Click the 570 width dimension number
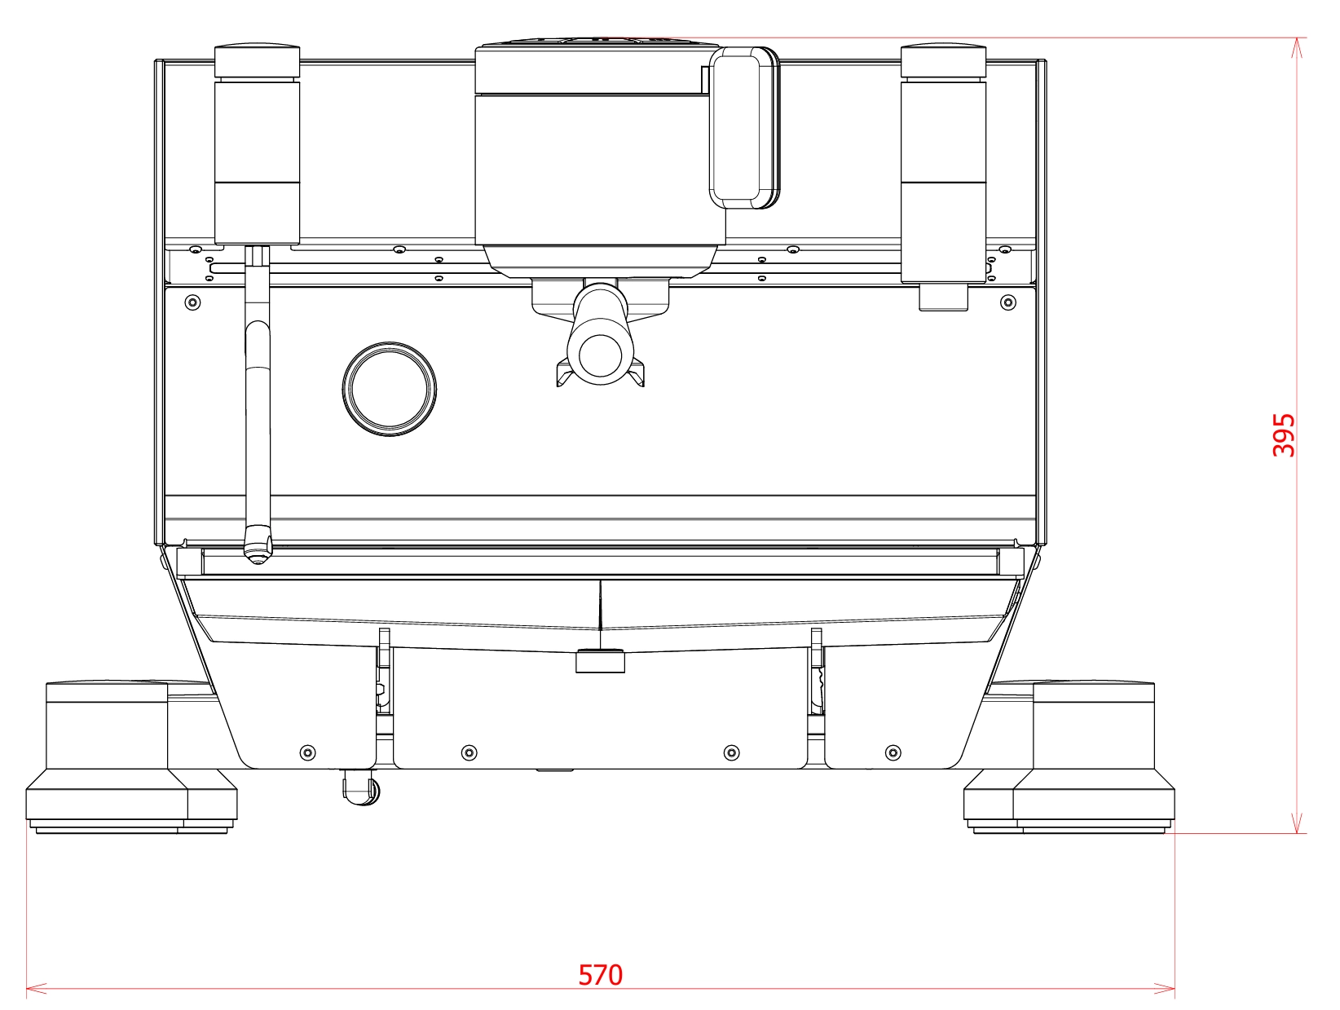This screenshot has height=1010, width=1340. coord(600,975)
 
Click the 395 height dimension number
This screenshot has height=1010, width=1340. coord(1283,435)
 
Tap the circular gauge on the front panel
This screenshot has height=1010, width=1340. coord(390,389)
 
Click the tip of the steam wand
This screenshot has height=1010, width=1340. coord(257,558)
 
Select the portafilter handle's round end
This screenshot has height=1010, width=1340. coord(600,355)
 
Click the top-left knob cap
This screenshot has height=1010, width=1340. coord(257,60)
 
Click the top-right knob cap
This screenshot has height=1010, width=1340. coord(943,60)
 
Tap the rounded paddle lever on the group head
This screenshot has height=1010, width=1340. coord(744,127)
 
